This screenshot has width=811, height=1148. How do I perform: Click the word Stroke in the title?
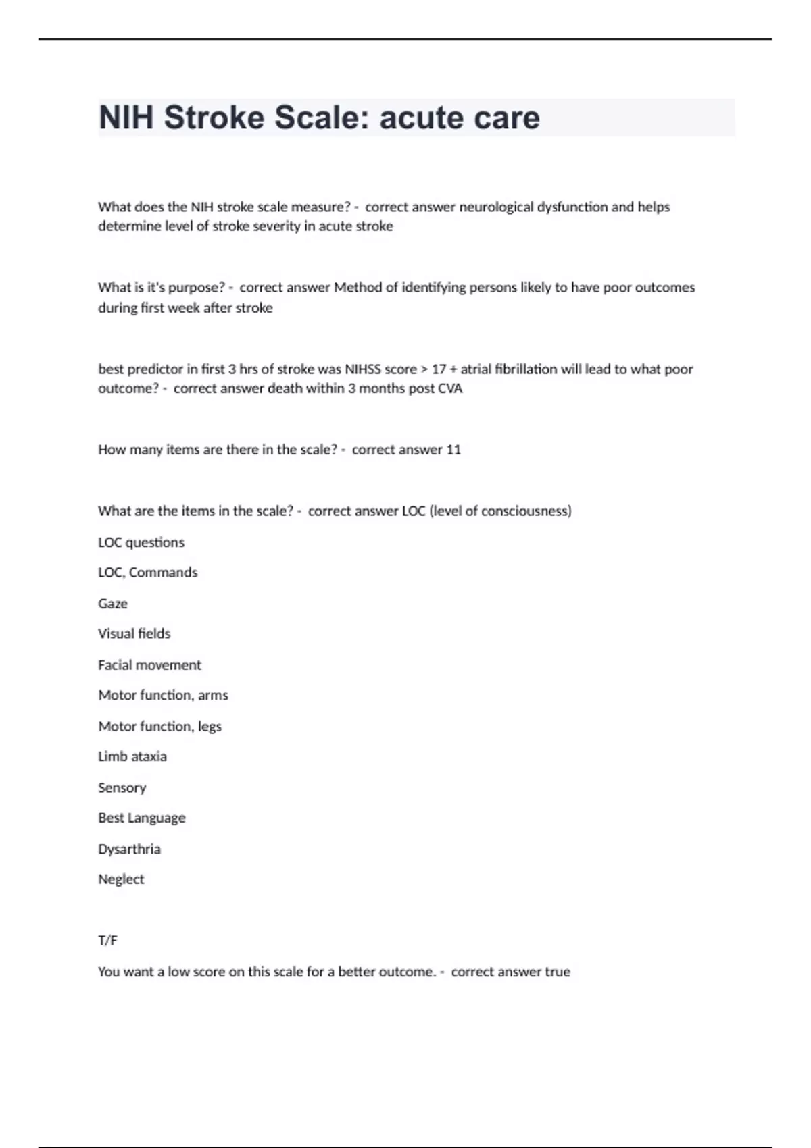tap(214, 118)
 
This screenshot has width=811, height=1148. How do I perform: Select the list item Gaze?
tap(112, 604)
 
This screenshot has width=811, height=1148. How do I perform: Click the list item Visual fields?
tap(134, 633)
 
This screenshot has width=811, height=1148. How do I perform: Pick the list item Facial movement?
tap(149, 665)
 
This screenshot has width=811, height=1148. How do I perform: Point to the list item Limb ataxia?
tap(132, 756)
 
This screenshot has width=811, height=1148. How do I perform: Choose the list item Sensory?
tap(122, 788)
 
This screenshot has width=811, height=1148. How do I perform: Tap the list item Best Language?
tap(141, 818)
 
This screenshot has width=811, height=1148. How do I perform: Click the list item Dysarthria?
tap(129, 849)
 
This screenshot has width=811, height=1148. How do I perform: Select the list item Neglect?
tap(121, 879)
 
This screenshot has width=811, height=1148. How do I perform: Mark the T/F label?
tap(107, 941)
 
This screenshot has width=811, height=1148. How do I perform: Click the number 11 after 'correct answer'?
tap(453, 450)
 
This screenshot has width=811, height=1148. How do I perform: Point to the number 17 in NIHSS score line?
tap(439, 369)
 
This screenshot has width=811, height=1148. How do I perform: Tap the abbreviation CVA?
tap(450, 389)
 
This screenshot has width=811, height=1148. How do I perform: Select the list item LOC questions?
tap(141, 542)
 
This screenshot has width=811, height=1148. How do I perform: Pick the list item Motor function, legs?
tap(159, 727)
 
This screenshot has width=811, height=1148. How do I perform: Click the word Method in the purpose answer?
tap(359, 288)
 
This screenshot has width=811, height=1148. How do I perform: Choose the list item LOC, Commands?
tap(147, 573)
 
